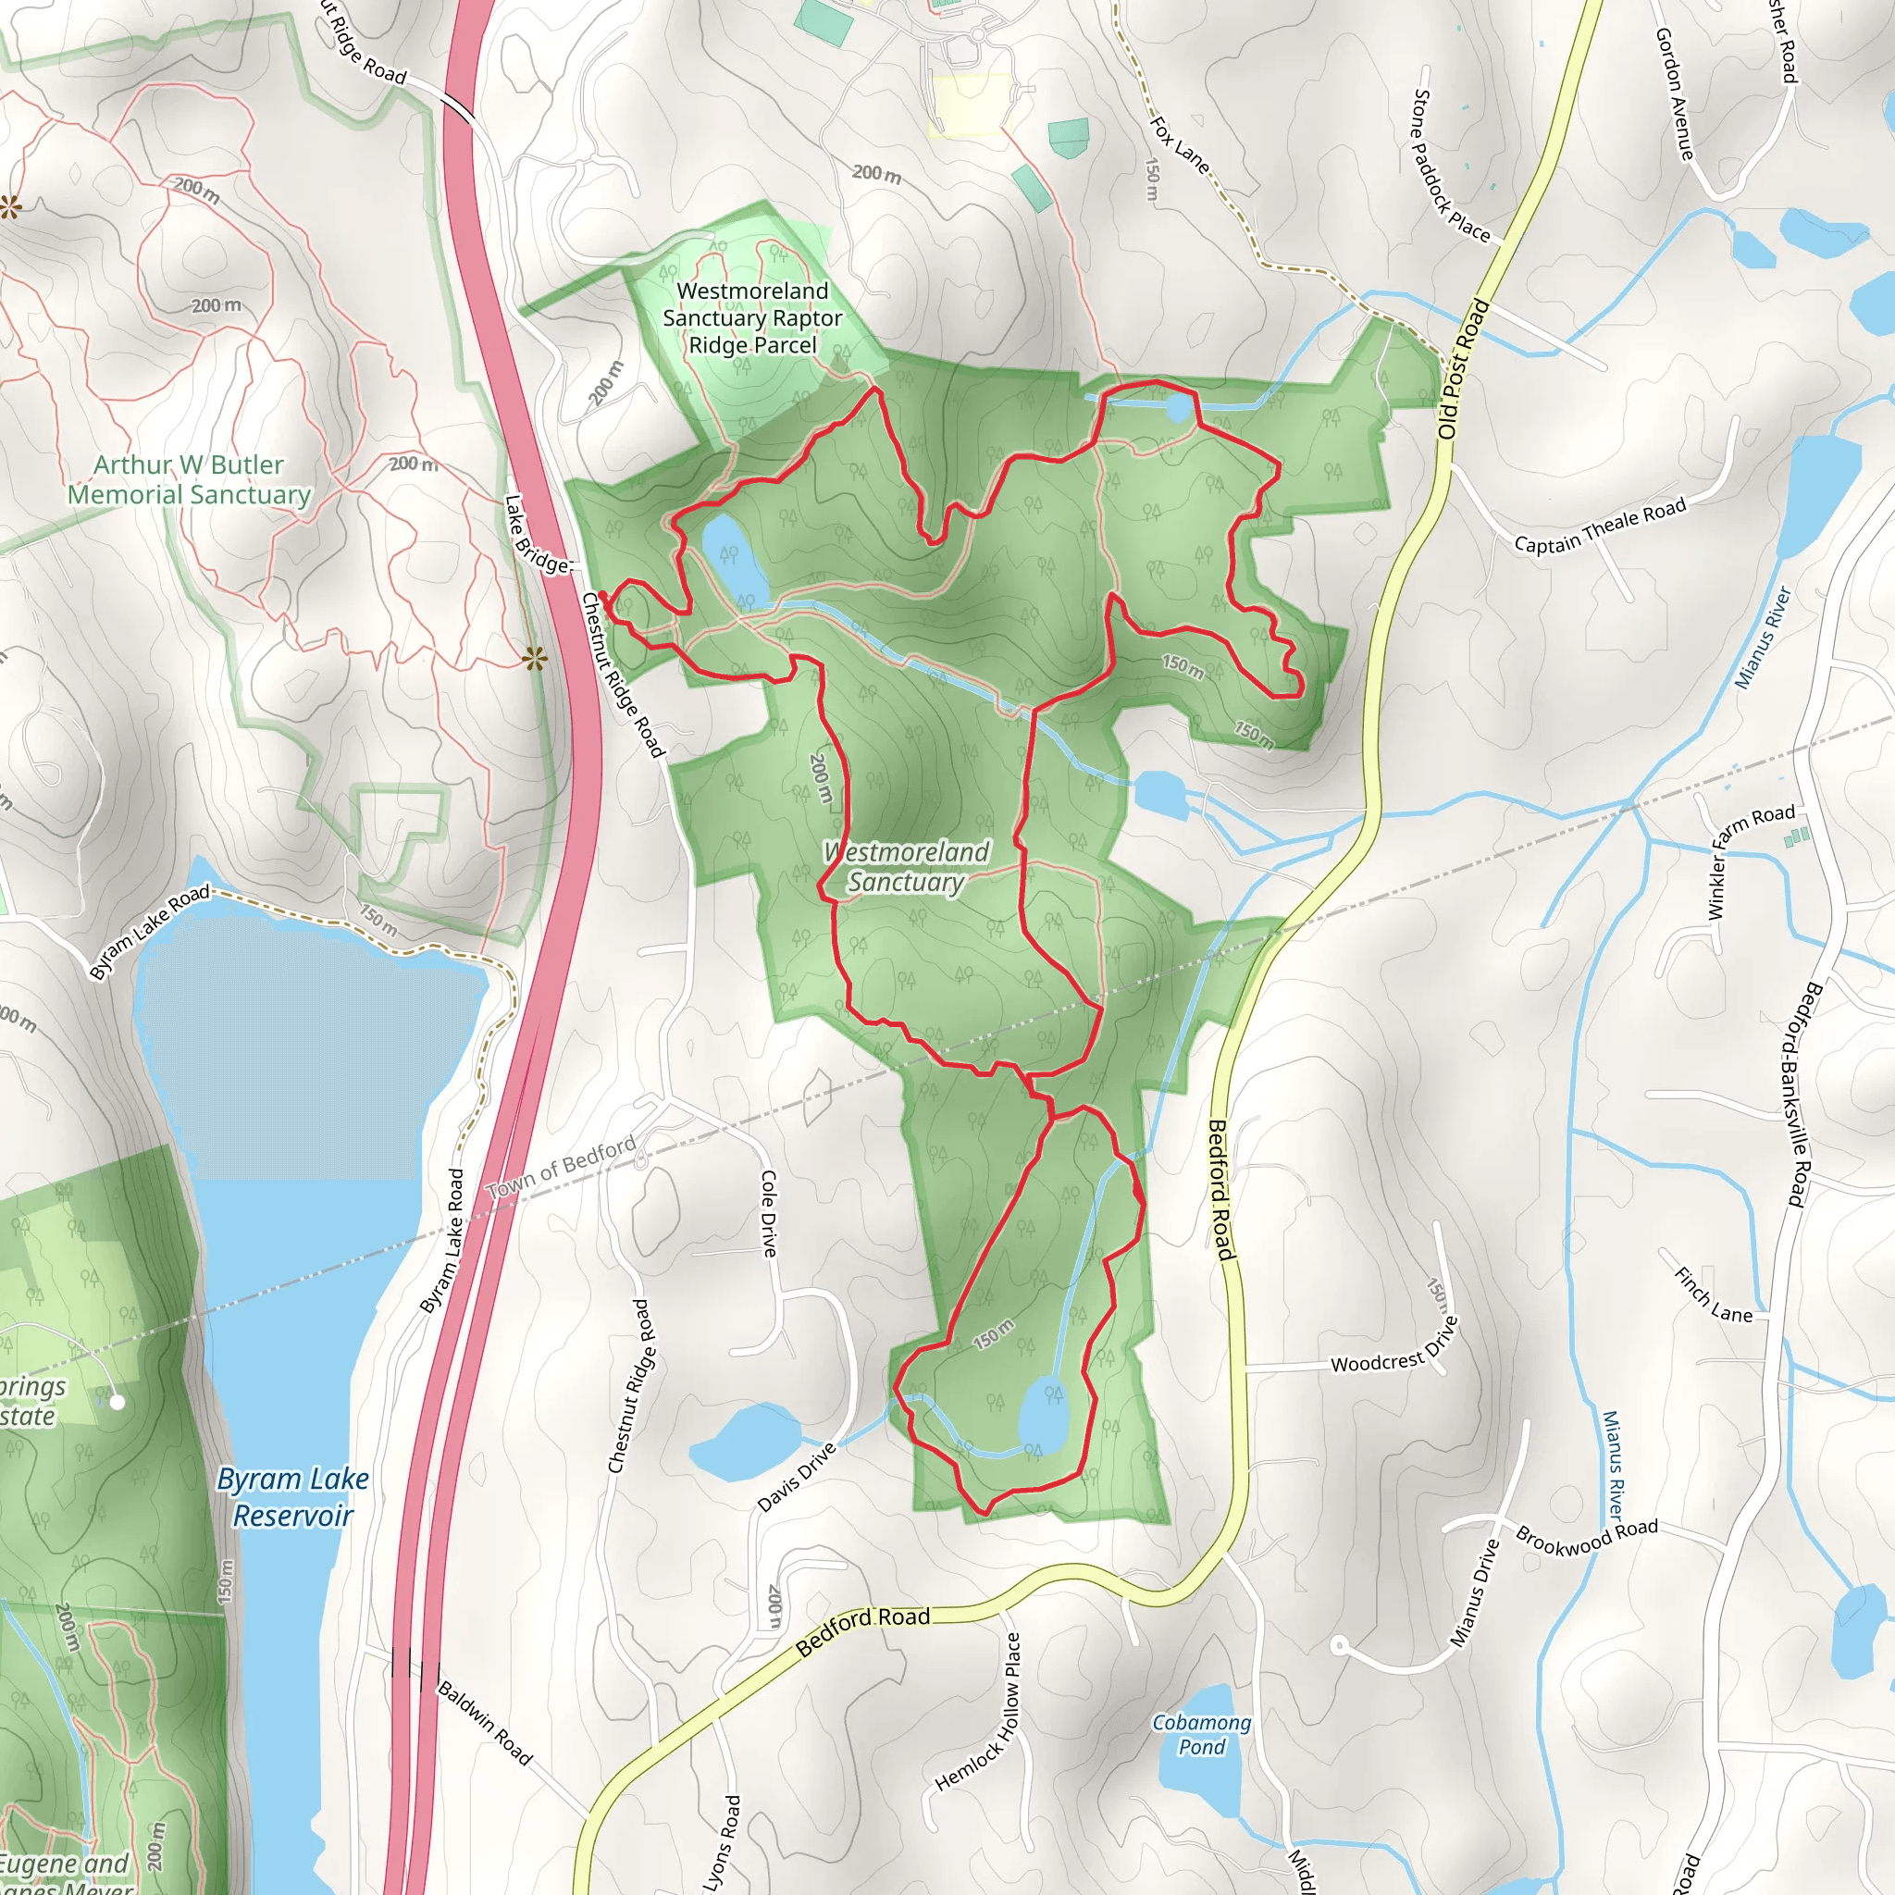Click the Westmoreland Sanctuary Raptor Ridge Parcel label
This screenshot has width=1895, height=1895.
click(752, 317)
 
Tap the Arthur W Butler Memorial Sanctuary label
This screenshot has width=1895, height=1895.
click(189, 479)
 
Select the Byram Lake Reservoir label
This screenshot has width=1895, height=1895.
click(292, 1497)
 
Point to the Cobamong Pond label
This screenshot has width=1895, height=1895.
click(1202, 1734)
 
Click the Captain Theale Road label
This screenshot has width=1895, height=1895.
click(1600, 525)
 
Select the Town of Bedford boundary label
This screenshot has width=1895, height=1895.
click(561, 1167)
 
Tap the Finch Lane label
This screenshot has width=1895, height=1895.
click(1713, 1295)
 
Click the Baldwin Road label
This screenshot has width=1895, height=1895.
click(485, 1723)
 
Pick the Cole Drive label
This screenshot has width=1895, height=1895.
click(769, 1213)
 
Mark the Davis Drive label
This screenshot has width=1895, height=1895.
click(798, 1477)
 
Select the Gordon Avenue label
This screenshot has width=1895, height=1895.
click(1674, 94)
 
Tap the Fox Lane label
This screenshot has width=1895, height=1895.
click(1180, 145)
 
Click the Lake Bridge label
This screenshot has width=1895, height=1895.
click(536, 535)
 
